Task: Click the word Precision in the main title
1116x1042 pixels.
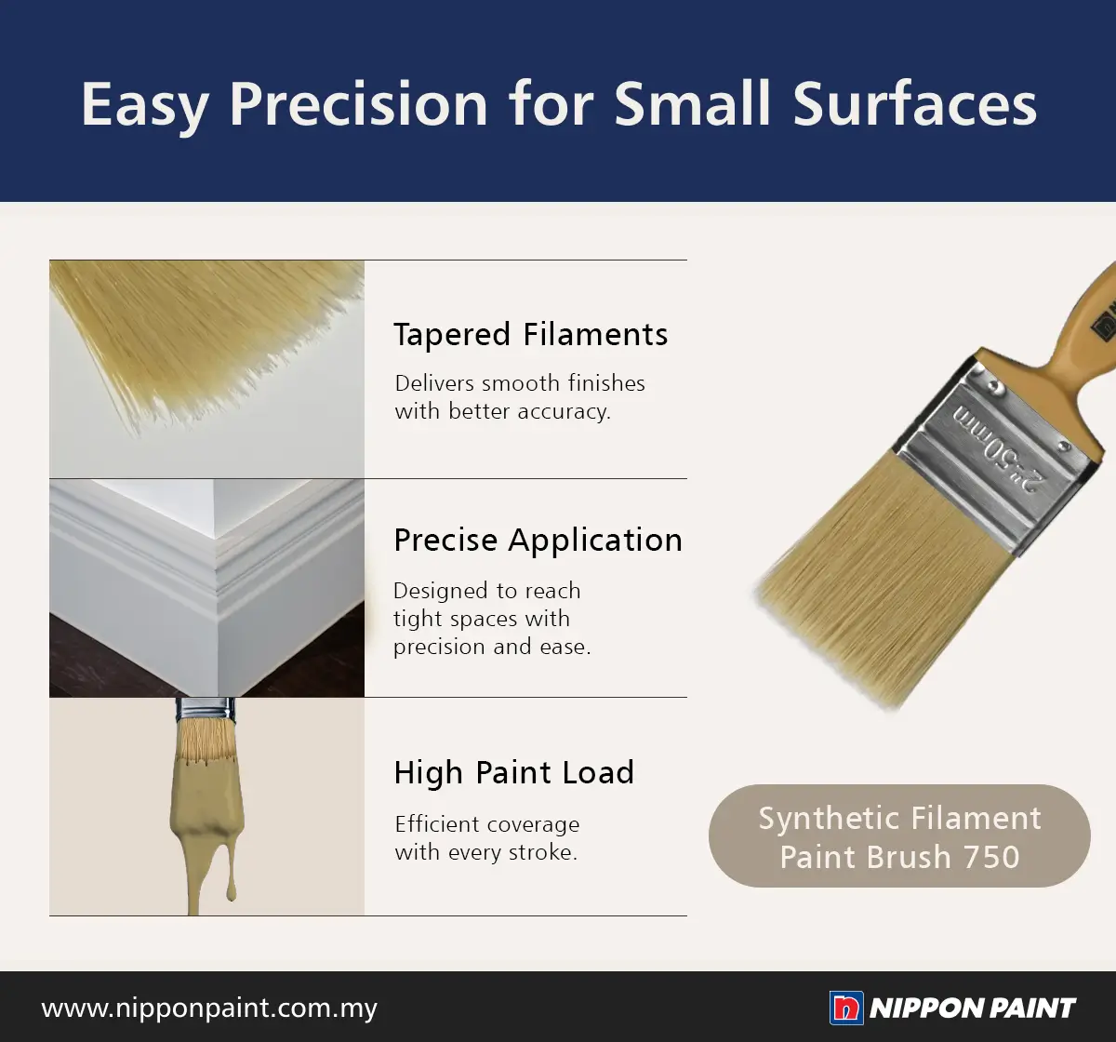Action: (358, 104)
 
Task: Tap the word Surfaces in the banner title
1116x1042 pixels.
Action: (915, 104)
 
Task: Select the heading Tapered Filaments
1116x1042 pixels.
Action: (531, 335)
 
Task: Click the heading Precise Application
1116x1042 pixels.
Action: (538, 541)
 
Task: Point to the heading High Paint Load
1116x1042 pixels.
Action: (513, 772)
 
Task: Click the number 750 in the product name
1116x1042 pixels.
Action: (991, 857)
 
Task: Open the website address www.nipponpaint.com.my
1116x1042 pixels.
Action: (209, 1009)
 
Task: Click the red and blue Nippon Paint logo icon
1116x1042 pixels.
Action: (846, 1008)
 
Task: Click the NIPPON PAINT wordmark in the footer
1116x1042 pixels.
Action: (973, 1009)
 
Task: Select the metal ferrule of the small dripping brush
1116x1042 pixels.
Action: (206, 709)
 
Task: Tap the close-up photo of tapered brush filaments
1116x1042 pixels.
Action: (206, 369)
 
